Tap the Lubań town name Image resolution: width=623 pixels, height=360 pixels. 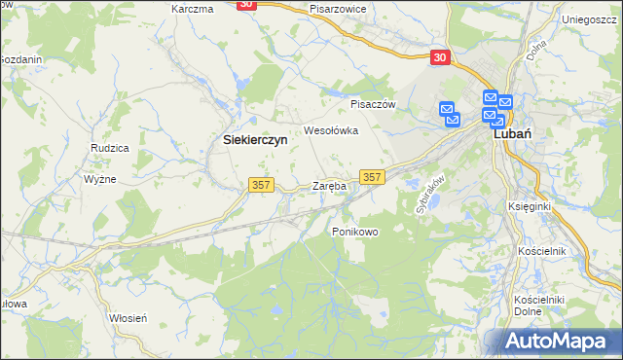pos(512,136)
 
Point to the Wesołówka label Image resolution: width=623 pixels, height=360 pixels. pos(332,129)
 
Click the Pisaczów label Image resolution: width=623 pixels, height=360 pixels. pos(370,103)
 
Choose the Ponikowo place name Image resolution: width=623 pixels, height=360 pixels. pos(354,232)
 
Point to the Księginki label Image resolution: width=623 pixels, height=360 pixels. pos(530,206)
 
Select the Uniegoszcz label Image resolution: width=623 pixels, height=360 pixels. pos(592,18)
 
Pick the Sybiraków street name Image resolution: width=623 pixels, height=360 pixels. pos(429,195)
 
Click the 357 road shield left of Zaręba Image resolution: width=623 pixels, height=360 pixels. pos(261,185)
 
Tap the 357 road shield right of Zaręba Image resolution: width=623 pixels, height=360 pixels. pos(372,176)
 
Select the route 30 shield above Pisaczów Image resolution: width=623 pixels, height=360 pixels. pos(441,58)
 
